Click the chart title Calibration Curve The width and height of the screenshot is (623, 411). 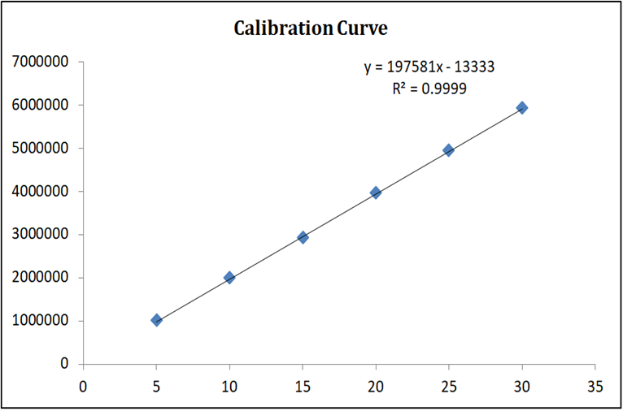coord(311,29)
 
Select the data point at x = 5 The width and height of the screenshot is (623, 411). coord(156,320)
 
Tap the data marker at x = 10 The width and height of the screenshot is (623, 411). coord(229,278)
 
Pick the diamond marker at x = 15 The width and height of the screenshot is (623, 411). coord(303,237)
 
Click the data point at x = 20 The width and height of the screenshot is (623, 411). coord(376,193)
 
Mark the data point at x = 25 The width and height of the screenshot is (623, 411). coord(448,150)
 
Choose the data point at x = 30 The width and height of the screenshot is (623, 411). coord(522,107)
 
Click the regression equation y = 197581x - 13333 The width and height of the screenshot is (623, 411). coord(429,67)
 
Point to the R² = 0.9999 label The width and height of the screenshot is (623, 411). coord(429,89)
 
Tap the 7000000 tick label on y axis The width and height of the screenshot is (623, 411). coord(39,62)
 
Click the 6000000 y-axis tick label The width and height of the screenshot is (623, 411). coord(39,105)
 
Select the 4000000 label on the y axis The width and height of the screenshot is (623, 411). coord(39,192)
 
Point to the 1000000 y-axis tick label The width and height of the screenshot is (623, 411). coord(39,321)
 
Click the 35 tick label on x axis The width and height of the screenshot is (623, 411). coord(595,384)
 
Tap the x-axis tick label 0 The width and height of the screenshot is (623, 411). coord(83,384)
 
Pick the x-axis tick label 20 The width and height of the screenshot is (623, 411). coord(376,384)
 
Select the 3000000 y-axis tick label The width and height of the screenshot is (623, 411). coord(39,235)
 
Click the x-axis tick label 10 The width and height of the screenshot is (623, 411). coord(229,384)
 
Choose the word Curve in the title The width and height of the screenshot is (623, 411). coord(362,29)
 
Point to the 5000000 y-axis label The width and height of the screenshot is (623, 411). coord(39,149)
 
